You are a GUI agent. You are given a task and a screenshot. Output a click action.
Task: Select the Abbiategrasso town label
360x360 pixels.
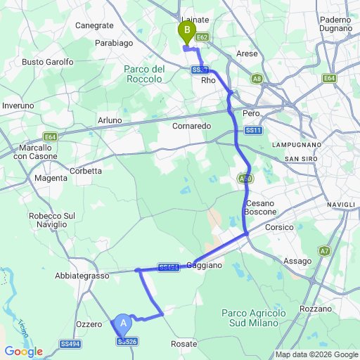point(82,276)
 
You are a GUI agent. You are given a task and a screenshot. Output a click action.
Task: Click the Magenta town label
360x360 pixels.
point(51,179)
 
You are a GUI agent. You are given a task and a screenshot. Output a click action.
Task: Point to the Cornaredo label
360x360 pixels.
point(191,126)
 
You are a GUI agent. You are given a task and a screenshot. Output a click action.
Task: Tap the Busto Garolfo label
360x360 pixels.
point(48,62)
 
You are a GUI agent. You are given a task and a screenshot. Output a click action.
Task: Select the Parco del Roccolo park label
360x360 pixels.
point(144,75)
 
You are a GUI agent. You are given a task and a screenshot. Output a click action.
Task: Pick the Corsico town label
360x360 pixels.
point(278,228)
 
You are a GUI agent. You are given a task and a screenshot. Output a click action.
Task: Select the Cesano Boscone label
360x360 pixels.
point(260,208)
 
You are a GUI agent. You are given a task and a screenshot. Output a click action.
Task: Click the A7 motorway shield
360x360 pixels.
point(324,250)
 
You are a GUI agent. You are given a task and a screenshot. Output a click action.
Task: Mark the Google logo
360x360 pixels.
point(23,352)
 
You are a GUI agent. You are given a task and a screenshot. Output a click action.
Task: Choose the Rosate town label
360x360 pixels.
point(184,344)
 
